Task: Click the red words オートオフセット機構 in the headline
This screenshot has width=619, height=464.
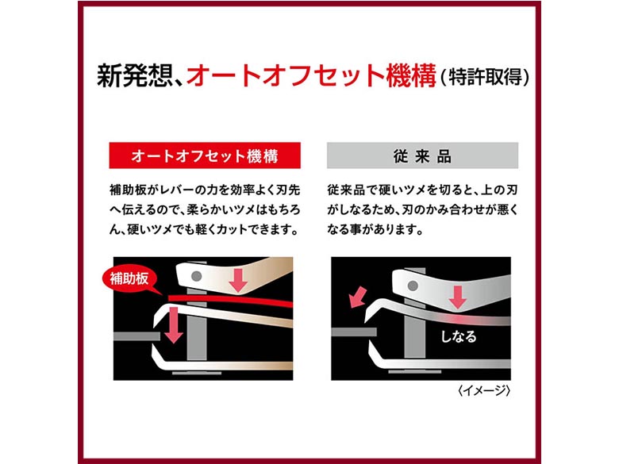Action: (311, 75)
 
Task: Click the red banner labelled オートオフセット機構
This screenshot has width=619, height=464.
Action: (205, 155)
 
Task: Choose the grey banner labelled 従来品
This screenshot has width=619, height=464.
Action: (422, 155)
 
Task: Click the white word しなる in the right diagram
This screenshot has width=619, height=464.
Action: (459, 336)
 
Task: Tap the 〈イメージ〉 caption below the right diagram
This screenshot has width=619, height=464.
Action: (484, 390)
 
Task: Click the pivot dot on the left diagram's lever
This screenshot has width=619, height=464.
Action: (196, 276)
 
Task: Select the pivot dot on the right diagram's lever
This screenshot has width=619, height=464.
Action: (413, 286)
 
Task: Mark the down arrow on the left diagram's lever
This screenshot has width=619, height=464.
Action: (238, 280)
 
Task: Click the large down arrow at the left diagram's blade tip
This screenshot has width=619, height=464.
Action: (173, 325)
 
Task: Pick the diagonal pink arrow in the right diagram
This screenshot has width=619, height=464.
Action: (359, 297)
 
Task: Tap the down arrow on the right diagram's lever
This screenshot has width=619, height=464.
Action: (458, 297)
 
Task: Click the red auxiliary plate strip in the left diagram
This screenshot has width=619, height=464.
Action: (231, 300)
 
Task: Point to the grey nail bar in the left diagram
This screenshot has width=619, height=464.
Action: (136, 336)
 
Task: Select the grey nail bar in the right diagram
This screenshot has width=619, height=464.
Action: (353, 332)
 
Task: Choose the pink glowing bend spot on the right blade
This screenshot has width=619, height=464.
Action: (458, 317)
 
